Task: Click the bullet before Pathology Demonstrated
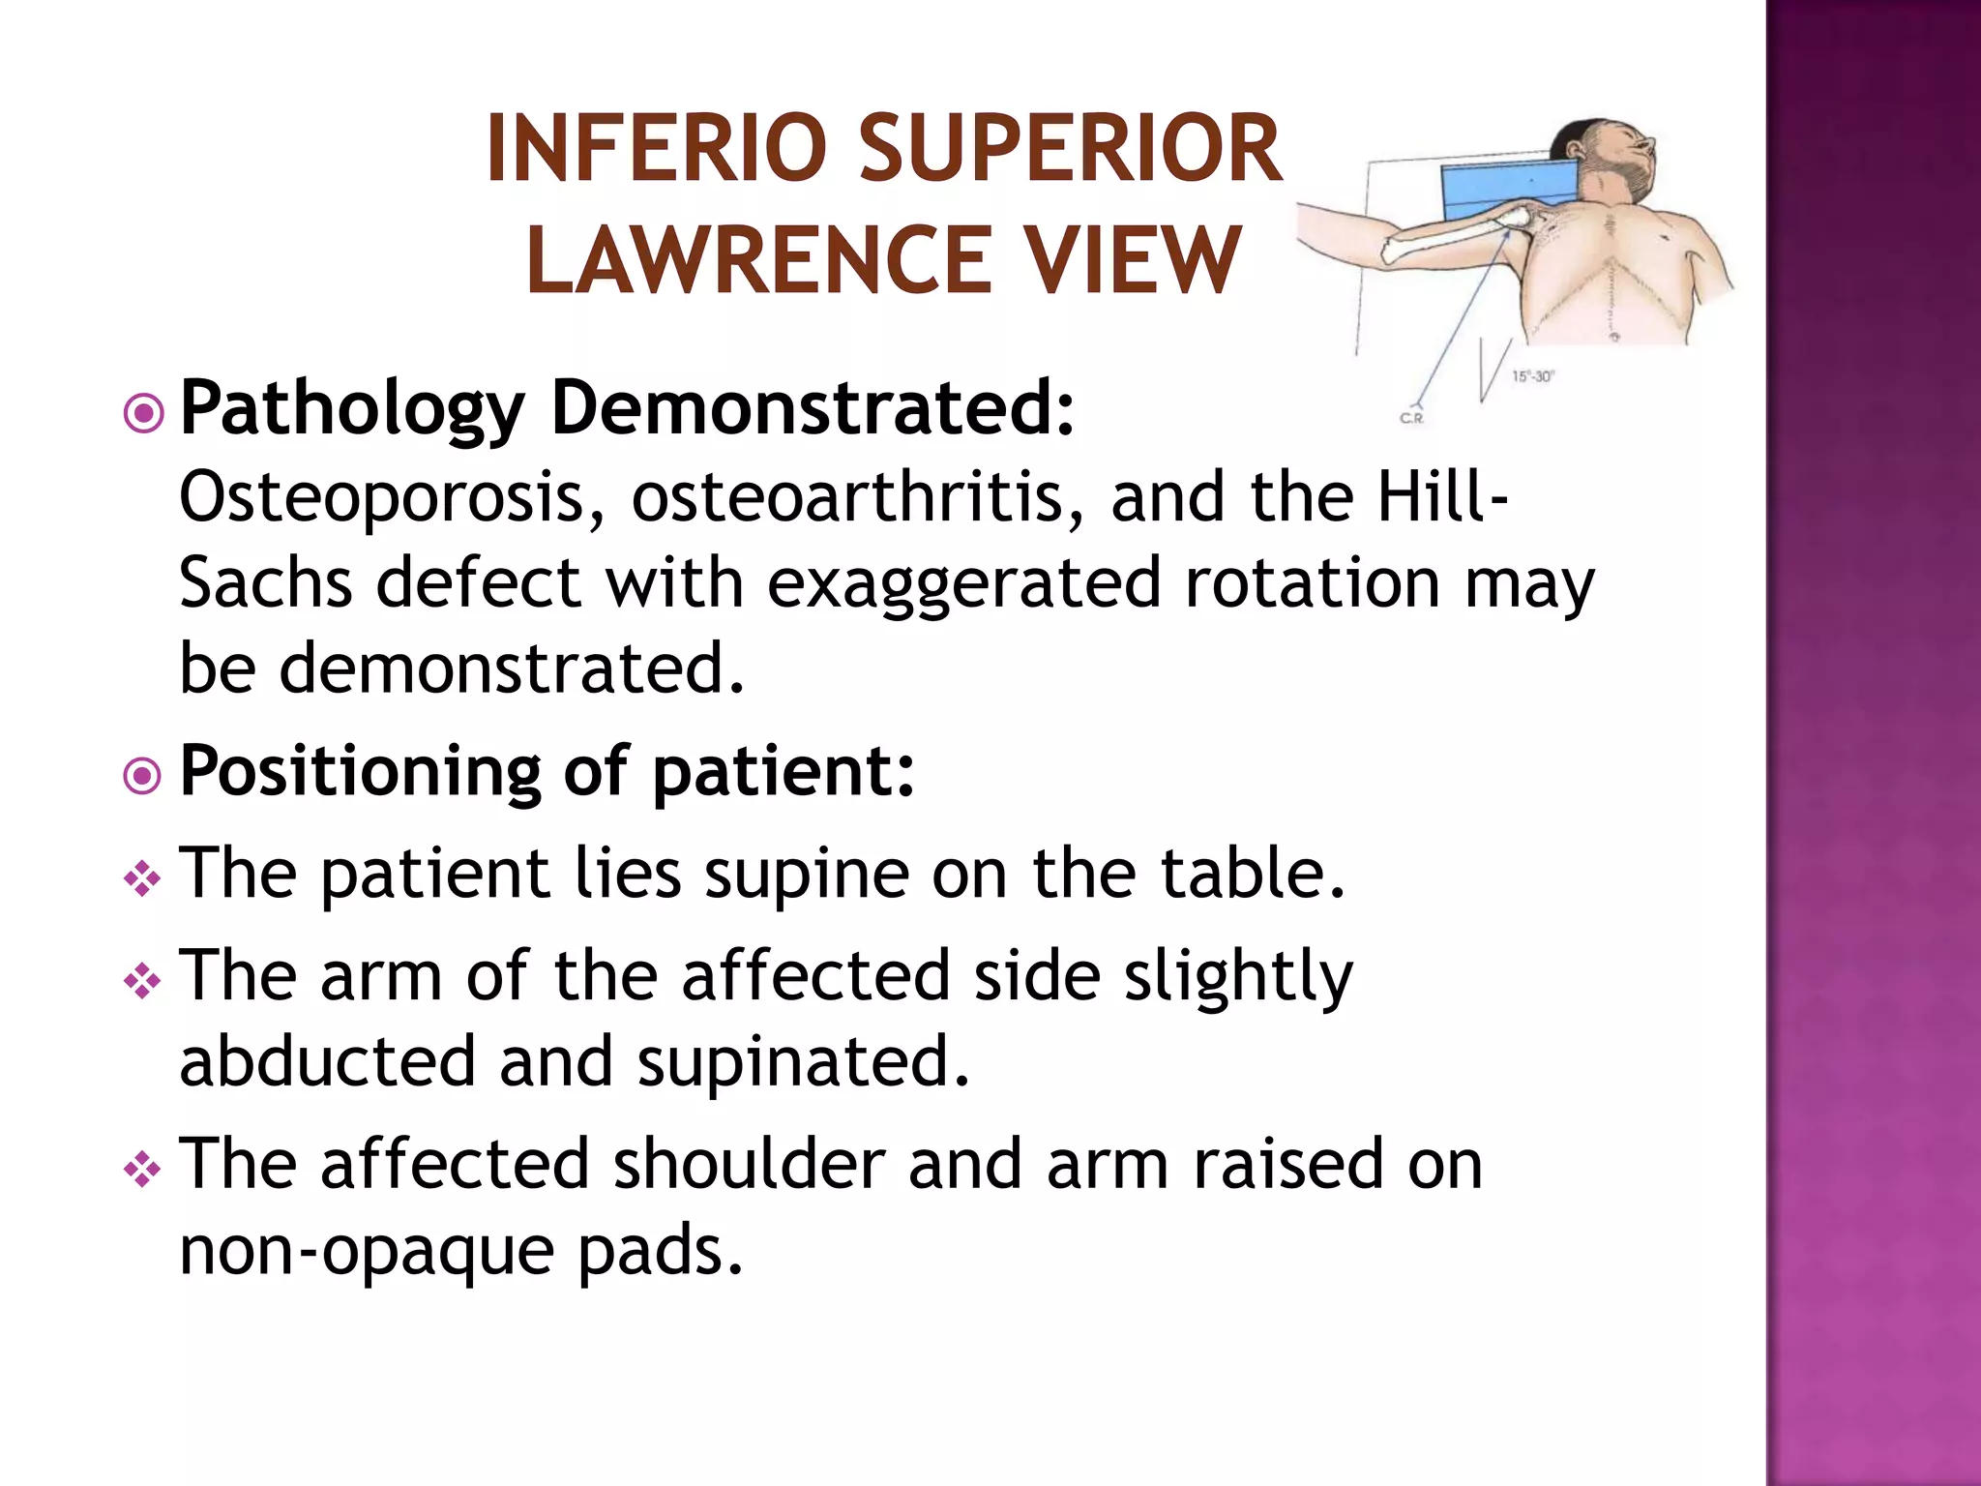pyautogui.click(x=143, y=414)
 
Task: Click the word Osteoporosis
pyautogui.click(x=393, y=497)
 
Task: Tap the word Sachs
pyautogui.click(x=265, y=583)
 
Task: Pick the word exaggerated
pyautogui.click(x=963, y=585)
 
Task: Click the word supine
pyautogui.click(x=806, y=875)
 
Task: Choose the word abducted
pyautogui.click(x=327, y=1061)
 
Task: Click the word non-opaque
pyautogui.click(x=367, y=1252)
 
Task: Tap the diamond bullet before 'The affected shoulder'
pyautogui.click(x=142, y=1172)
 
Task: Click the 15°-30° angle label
pyautogui.click(x=1531, y=376)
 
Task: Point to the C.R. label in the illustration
pyautogui.click(x=1412, y=418)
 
